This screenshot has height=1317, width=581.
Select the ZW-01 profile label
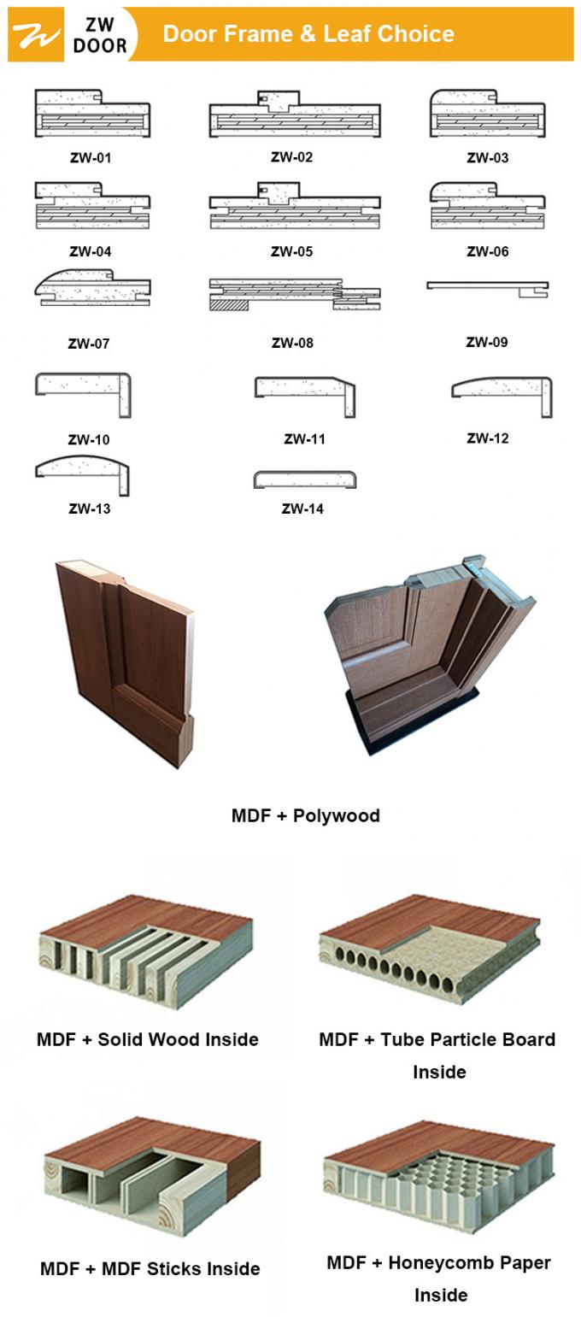tap(91, 158)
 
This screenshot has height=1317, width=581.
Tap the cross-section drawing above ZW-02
tap(294, 115)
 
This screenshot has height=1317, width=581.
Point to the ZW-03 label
tap(487, 158)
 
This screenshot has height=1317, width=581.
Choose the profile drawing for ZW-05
tap(294, 206)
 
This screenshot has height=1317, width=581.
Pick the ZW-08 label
tap(292, 343)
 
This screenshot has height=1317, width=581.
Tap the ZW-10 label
tap(89, 440)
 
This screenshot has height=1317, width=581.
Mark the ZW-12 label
tap(487, 438)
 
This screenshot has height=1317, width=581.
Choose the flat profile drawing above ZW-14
tap(304, 479)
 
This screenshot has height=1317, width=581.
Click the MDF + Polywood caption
tap(305, 815)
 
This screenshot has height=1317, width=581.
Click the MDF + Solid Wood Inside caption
tap(147, 1040)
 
